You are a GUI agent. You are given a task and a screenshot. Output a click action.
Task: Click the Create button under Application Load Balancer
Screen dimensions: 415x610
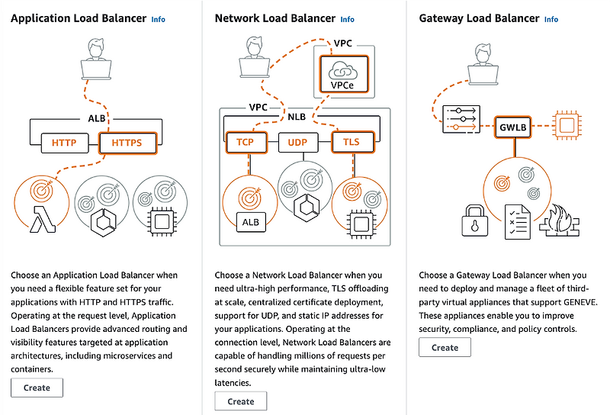[x=37, y=388]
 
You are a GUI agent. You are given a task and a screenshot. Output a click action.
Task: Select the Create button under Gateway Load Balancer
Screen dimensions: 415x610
[x=445, y=347]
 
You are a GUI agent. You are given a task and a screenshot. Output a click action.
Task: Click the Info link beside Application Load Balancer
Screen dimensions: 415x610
[x=158, y=19]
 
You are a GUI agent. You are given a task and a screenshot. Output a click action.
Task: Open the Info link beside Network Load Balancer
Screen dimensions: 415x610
[x=347, y=19]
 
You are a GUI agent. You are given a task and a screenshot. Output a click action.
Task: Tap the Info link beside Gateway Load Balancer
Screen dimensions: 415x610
[x=551, y=19]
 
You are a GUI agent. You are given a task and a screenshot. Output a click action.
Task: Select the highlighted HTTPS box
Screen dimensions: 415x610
[x=127, y=143]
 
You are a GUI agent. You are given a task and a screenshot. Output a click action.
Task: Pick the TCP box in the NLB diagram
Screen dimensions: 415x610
[x=245, y=142]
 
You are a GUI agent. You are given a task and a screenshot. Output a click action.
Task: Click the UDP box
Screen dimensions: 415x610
[x=298, y=142]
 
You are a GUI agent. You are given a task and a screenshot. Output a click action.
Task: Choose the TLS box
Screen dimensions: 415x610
[x=351, y=142]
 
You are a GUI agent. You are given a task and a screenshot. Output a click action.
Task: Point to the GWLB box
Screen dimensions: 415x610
[x=512, y=127]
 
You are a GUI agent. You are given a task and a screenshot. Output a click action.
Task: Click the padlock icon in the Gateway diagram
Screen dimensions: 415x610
[x=475, y=222]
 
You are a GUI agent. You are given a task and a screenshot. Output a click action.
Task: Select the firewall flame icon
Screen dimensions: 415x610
[x=558, y=220]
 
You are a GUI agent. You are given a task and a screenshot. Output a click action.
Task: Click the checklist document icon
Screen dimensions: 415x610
[x=518, y=220]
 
